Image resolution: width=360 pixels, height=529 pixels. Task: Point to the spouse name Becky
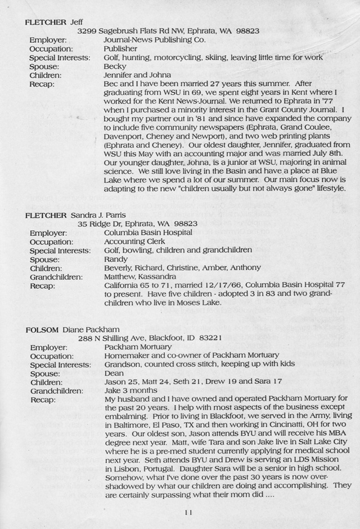click(x=115, y=66)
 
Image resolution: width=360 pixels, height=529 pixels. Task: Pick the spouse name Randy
click(x=116, y=259)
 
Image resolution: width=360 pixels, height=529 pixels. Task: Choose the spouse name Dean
click(x=114, y=373)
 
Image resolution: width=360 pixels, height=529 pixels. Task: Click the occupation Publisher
click(x=121, y=49)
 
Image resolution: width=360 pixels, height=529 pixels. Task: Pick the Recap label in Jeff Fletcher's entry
click(x=42, y=84)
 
